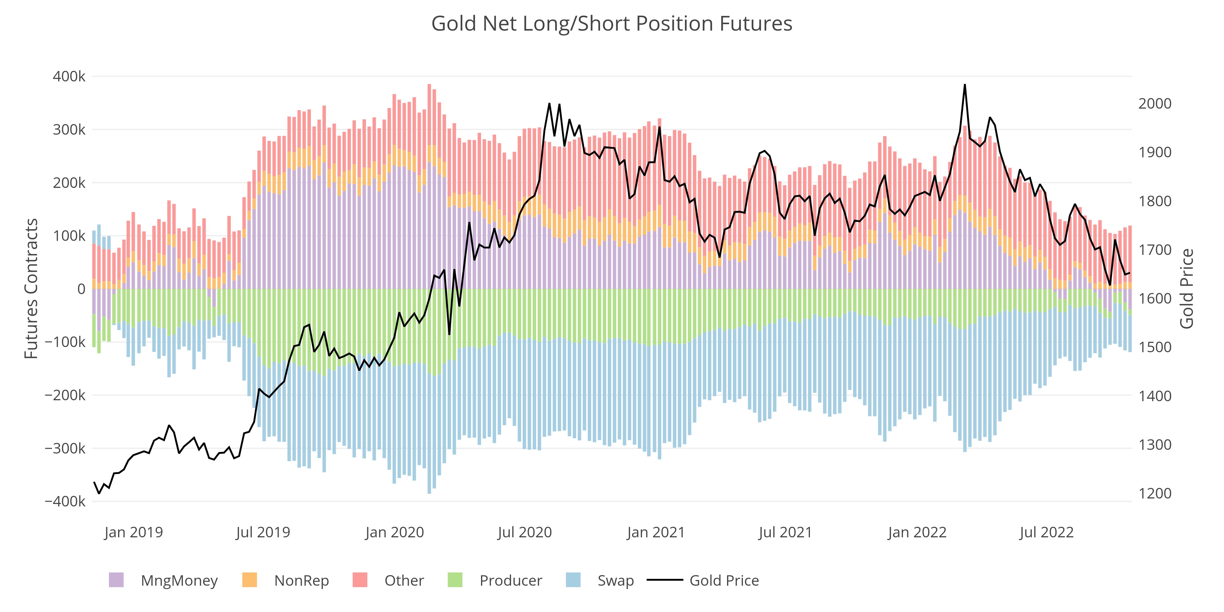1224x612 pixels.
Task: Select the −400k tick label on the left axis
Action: tap(65, 501)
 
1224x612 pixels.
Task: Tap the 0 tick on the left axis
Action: tap(81, 289)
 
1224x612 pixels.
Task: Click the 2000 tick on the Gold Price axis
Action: tap(1155, 104)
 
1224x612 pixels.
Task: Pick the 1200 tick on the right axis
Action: tap(1155, 494)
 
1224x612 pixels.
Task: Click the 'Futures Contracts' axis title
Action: tap(31, 289)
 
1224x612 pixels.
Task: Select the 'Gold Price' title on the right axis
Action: tap(1186, 289)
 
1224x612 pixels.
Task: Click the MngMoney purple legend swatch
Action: tap(116, 580)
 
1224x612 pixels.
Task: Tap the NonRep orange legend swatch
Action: tap(249, 580)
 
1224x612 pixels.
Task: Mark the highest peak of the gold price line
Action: tap(965, 85)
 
